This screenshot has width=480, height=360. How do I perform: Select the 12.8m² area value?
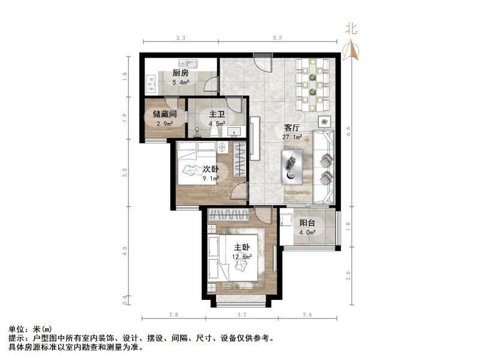[242, 257]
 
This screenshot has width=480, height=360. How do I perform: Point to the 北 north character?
[351, 28]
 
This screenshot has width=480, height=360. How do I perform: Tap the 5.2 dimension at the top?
[277, 38]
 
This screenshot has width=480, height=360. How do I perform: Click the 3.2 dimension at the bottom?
[242, 315]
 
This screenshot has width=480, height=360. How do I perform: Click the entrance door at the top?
[262, 60]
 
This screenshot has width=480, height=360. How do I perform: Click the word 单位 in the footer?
[17, 329]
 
